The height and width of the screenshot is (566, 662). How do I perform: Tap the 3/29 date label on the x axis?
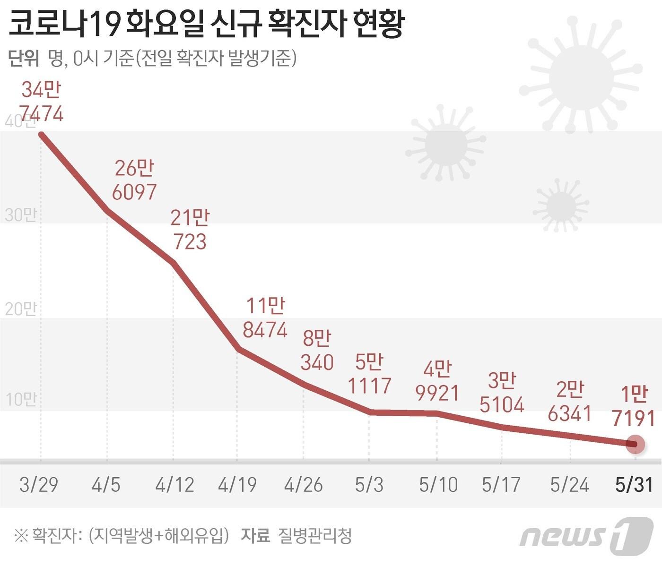(x=39, y=485)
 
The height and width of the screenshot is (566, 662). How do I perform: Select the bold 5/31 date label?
(x=634, y=485)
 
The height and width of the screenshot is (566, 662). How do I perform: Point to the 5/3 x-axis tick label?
(x=369, y=485)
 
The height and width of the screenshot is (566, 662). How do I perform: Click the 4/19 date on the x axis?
(x=237, y=485)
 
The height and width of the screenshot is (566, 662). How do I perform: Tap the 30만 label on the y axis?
(x=20, y=215)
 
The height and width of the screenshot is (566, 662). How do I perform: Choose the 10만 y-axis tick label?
(x=20, y=400)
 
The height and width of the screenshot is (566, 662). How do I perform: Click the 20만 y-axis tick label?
(x=20, y=309)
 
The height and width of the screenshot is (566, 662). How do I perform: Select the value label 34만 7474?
(x=42, y=102)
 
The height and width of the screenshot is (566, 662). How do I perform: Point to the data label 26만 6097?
(x=135, y=180)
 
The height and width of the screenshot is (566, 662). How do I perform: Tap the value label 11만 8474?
(x=265, y=318)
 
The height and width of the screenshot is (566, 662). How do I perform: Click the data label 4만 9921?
(x=437, y=381)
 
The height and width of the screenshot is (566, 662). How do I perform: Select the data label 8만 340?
(x=317, y=351)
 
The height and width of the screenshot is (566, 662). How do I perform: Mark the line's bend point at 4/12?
(x=174, y=263)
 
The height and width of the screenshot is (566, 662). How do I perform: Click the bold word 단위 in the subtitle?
(x=24, y=59)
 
